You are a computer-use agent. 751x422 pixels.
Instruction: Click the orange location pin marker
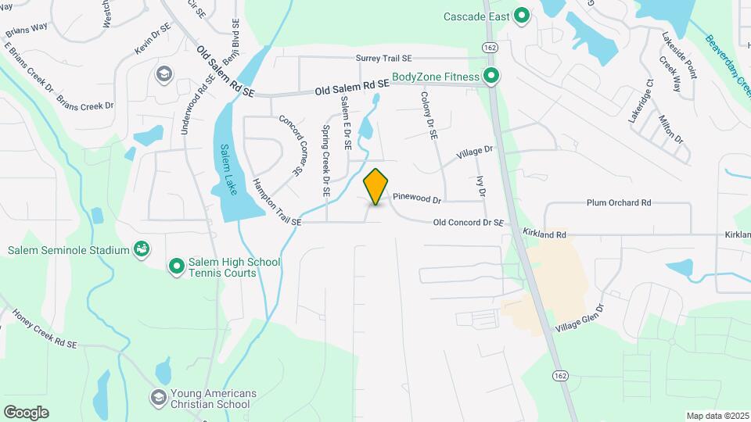tap(376, 187)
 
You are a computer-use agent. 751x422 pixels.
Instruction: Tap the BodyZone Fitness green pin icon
tap(490, 76)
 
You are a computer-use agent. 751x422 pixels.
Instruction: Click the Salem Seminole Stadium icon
tap(142, 250)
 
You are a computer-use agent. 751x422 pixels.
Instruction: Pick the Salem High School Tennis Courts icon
tap(177, 267)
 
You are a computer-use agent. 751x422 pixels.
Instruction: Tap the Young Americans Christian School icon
tap(160, 398)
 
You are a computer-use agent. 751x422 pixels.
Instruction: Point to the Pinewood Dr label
tap(418, 198)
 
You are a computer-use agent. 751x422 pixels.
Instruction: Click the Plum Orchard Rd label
tap(619, 202)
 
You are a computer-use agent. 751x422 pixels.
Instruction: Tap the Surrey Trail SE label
tap(383, 58)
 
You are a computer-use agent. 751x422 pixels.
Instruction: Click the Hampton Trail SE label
tap(276, 203)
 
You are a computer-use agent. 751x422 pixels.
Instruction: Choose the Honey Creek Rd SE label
tap(45, 327)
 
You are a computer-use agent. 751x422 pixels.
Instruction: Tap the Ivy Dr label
tap(481, 186)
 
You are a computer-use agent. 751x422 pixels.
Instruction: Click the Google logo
tap(26, 412)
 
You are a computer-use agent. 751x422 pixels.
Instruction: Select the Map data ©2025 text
tap(717, 416)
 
